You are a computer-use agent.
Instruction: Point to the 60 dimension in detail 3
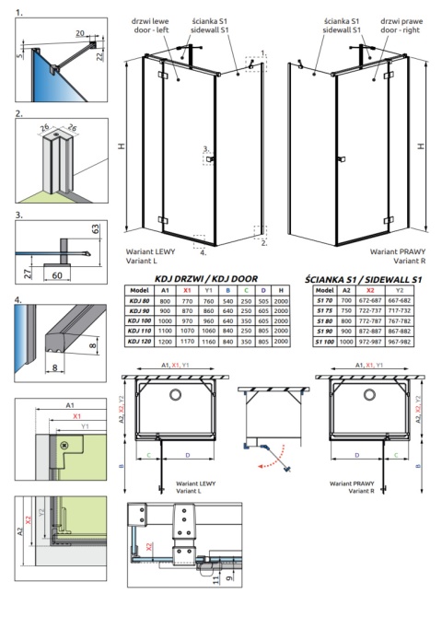click(x=58, y=274)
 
